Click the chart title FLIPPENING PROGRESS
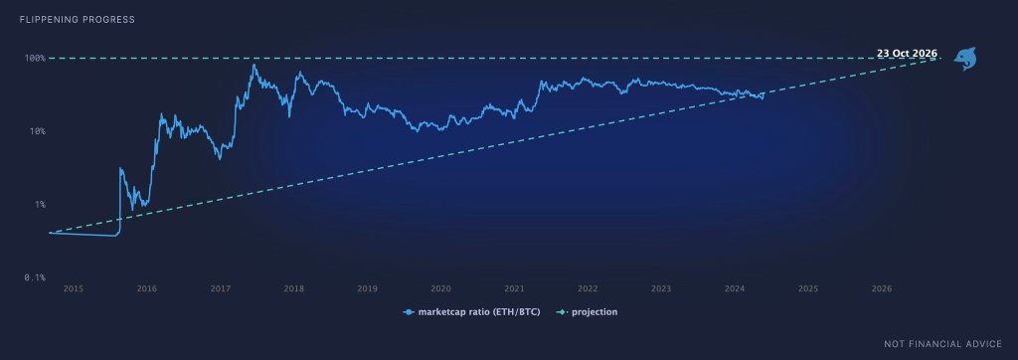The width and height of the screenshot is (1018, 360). (x=78, y=20)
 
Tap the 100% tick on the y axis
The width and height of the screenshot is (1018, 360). (x=35, y=58)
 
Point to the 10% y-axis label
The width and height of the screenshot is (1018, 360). (x=37, y=131)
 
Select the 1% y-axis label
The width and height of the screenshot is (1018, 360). (x=40, y=204)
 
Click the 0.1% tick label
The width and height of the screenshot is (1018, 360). (x=35, y=277)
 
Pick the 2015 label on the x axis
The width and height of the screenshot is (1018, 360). (x=74, y=288)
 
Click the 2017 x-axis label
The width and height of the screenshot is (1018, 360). (x=221, y=288)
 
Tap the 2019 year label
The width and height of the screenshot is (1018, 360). (x=368, y=288)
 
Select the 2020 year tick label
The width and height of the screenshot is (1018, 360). (x=440, y=288)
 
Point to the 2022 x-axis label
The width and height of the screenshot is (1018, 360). (x=588, y=288)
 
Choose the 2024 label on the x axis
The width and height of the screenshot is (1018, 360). (x=735, y=288)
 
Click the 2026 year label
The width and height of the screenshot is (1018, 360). (x=882, y=288)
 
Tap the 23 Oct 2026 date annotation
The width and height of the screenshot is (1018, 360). (x=907, y=54)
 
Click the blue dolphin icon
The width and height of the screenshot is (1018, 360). (x=964, y=59)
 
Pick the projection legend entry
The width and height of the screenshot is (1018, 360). (x=588, y=312)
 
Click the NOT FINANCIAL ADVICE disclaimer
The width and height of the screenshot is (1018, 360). (x=942, y=343)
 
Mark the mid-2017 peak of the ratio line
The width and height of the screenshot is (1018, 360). (x=254, y=65)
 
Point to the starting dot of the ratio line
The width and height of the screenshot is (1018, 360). (x=50, y=233)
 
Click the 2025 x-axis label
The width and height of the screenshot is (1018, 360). (x=808, y=288)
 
